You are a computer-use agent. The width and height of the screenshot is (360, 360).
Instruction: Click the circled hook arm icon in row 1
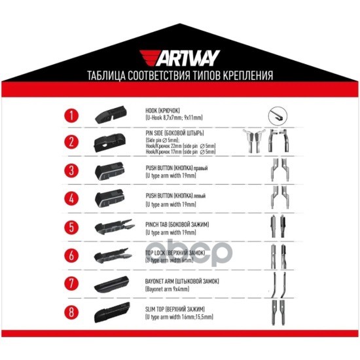pos(278,117)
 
